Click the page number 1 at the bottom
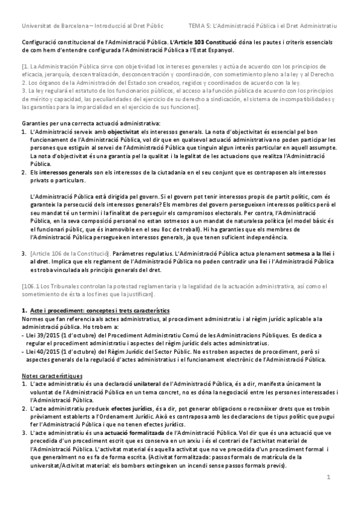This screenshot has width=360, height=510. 329,477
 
